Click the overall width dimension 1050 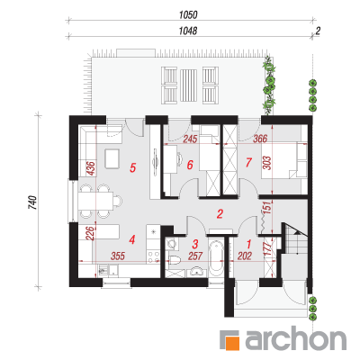pyautogui.click(x=188, y=15)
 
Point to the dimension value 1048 pyautogui.click(x=188, y=31)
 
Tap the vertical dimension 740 pyautogui.click(x=32, y=202)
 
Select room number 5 pyautogui.click(x=132, y=167)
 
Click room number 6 pyautogui.click(x=190, y=165)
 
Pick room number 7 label pyautogui.click(x=248, y=162)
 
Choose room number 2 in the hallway pyautogui.click(x=220, y=214)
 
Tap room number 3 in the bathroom pyautogui.click(x=195, y=244)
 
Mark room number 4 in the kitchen pyautogui.click(x=132, y=239)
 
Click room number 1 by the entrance pyautogui.click(x=248, y=244)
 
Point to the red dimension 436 pyautogui.click(x=90, y=168)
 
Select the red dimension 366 pyautogui.click(x=260, y=139)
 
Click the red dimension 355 pyautogui.click(x=117, y=256)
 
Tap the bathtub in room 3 pyautogui.click(x=216, y=257)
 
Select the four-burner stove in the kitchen pyautogui.click(x=153, y=256)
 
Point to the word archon pyautogui.click(x=296, y=340)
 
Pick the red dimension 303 pyautogui.click(x=267, y=163)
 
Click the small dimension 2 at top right pyautogui.click(x=318, y=31)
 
